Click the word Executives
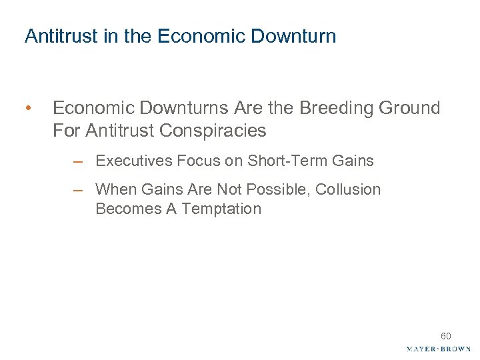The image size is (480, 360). pos(129,161)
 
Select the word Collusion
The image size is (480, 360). pos(348,189)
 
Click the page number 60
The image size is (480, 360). pos(445,336)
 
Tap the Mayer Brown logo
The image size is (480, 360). pos(438,349)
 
